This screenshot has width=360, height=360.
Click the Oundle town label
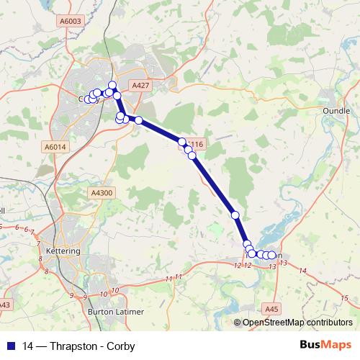click(338, 112)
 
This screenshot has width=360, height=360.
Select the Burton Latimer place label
click(115, 312)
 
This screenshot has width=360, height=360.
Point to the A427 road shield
click(141, 86)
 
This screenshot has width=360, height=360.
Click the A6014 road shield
click(55, 147)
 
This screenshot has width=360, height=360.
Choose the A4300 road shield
click(102, 193)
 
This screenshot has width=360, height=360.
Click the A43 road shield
click(5, 305)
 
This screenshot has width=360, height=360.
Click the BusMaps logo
click(327, 345)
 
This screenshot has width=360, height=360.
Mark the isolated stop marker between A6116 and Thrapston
click(235, 215)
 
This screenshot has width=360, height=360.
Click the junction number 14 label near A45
click(302, 271)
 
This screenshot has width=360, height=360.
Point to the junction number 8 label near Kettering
click(47, 271)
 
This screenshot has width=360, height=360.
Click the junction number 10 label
click(115, 290)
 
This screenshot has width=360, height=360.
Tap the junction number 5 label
click(3, 226)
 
